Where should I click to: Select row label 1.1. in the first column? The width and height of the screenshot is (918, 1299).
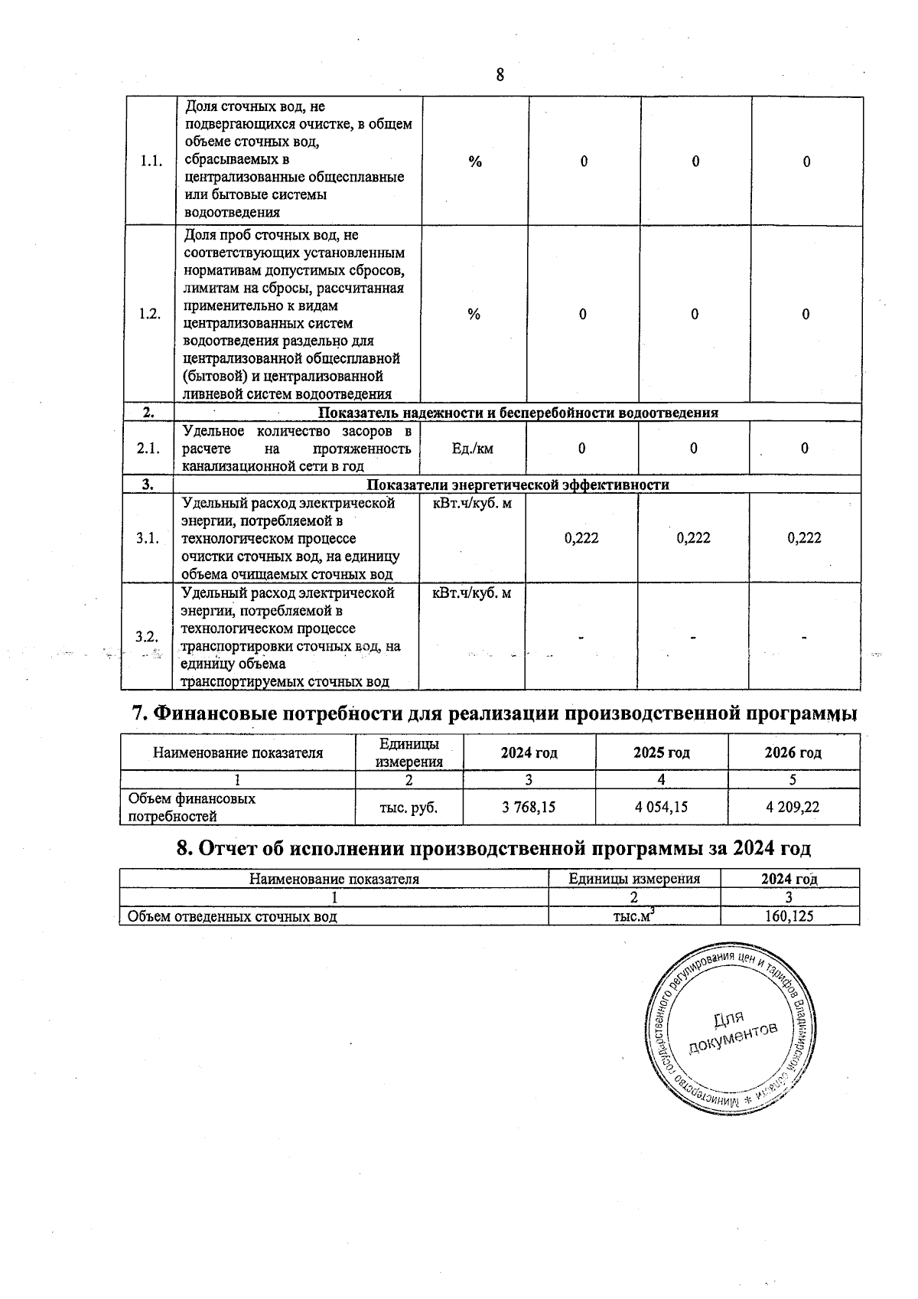[x=151, y=162]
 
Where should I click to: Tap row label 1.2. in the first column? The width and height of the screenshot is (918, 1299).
[x=150, y=315]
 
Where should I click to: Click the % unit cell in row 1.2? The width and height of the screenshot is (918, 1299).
[x=474, y=315]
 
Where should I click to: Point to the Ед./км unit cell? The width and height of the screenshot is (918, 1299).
[x=473, y=449]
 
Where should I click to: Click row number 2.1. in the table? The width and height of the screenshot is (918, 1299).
[x=148, y=449]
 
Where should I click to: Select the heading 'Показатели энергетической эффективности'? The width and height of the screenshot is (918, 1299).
[x=518, y=485]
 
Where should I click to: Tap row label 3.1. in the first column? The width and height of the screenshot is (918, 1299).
[x=148, y=538]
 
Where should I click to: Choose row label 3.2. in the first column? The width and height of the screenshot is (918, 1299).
[x=147, y=637]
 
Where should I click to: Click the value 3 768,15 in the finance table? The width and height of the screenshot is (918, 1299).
[x=529, y=807]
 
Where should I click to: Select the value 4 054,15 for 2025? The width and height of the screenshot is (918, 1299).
[x=661, y=807]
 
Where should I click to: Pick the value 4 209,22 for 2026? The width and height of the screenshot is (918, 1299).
[x=793, y=807]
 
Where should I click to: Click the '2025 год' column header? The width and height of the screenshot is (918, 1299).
[x=661, y=752]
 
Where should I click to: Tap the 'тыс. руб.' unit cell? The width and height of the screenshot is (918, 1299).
[x=409, y=807]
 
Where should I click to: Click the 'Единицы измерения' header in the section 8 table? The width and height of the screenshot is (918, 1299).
[x=634, y=879]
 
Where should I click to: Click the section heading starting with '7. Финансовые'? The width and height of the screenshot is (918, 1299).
[x=494, y=713]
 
